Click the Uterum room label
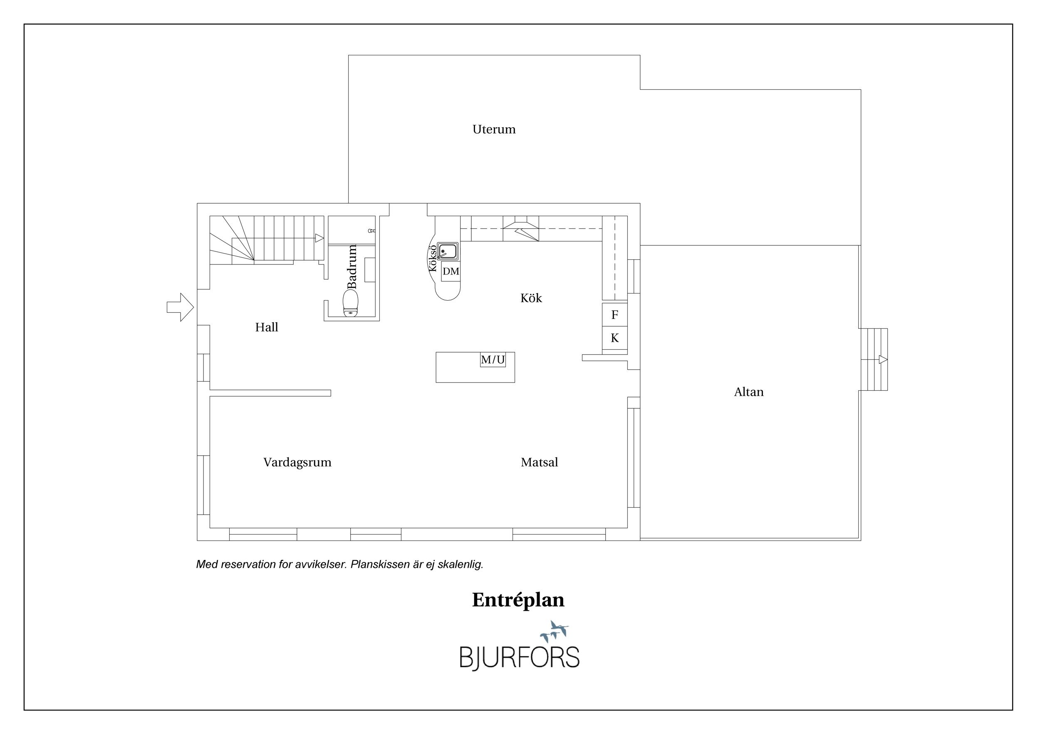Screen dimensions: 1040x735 (x=494, y=129)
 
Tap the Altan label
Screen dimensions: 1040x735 (x=749, y=392)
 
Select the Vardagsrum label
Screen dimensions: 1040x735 (x=297, y=463)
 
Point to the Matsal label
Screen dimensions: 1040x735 (x=539, y=462)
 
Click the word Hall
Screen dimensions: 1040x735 (x=266, y=327)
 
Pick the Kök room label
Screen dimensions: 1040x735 (x=531, y=298)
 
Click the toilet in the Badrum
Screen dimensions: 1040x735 (x=351, y=303)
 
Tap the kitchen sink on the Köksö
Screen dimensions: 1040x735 (x=448, y=251)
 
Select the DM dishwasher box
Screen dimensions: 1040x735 (x=451, y=271)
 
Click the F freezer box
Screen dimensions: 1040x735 (x=615, y=315)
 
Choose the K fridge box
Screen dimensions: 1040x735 (x=615, y=338)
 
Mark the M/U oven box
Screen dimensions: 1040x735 (x=493, y=360)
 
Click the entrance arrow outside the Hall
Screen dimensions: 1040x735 (x=180, y=307)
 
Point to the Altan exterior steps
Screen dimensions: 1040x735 (x=874, y=359)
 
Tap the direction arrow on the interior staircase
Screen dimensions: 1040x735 (x=319, y=238)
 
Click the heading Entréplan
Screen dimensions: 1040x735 (x=518, y=600)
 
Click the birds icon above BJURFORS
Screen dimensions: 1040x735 (x=554, y=631)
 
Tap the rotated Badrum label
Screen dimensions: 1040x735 (x=352, y=266)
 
